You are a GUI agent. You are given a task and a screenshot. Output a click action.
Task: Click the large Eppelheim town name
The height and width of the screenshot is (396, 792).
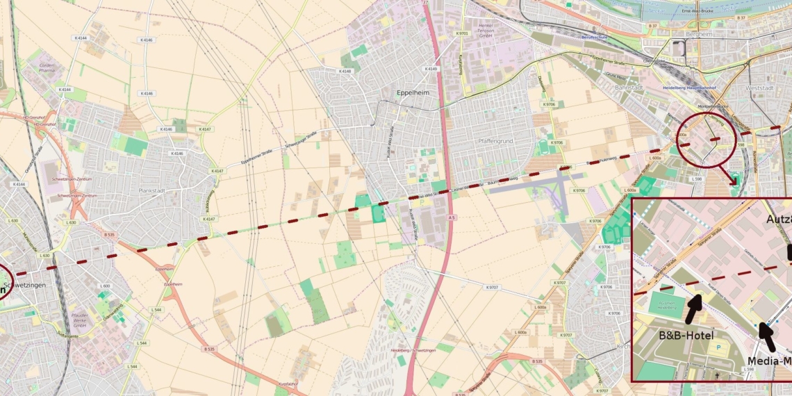click(x=413, y=92)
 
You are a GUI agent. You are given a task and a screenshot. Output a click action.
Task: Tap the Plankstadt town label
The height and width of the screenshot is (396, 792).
click(x=154, y=190)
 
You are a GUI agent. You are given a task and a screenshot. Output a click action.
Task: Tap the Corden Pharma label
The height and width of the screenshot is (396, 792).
click(x=47, y=68)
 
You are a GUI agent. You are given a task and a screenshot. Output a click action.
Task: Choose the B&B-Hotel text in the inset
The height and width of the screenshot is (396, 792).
click(x=686, y=335)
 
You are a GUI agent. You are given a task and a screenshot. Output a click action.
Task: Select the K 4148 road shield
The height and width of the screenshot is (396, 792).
click(x=345, y=71)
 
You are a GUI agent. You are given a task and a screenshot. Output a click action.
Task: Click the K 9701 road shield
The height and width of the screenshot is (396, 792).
click(x=462, y=33)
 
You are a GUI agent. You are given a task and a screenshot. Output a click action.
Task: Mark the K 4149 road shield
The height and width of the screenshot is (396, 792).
click(x=431, y=69)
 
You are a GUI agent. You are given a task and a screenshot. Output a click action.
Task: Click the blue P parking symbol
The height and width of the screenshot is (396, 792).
click(x=719, y=347)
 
